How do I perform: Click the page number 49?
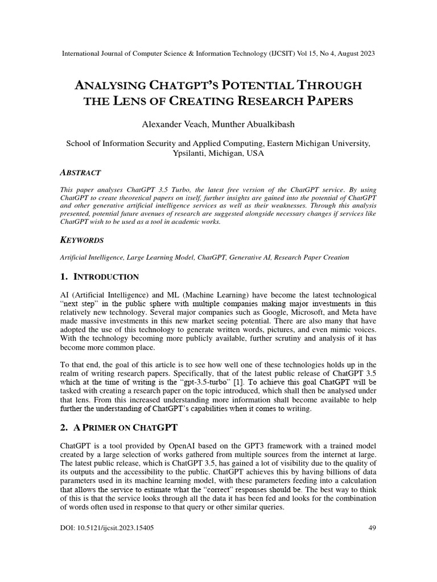coord(373,527)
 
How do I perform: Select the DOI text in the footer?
coord(106,527)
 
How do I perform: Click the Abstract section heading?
coord(80,172)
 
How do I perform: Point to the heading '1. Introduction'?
coord(99,277)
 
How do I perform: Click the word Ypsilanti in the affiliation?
coord(189,154)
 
